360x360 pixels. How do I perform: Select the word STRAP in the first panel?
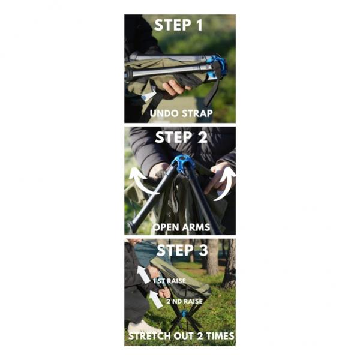tap(197, 113)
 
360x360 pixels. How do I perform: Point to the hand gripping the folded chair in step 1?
tap(176, 88)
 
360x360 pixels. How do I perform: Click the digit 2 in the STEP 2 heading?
tap(203, 137)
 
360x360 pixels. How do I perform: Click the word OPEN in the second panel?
tap(166, 227)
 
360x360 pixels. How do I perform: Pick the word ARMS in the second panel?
tap(196, 227)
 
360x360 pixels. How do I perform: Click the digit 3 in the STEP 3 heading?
tap(203, 250)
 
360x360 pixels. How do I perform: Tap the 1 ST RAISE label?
tap(169, 281)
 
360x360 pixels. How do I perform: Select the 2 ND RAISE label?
tap(185, 301)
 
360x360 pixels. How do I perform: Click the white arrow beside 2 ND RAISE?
tap(156, 299)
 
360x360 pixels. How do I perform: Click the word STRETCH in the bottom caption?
tap(149, 336)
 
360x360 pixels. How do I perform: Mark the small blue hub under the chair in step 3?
tap(184, 313)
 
